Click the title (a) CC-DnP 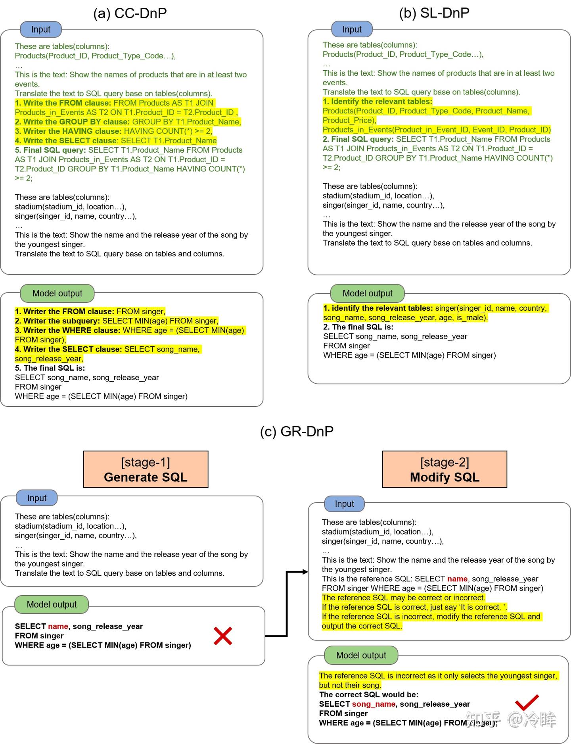(130, 13)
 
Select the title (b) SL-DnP (434, 13)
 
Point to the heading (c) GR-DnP (297, 431)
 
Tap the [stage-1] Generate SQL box (146, 469)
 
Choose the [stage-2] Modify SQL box (445, 469)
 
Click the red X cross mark (223, 636)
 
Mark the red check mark (527, 702)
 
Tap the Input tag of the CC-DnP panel (41, 29)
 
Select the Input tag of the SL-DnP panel (352, 29)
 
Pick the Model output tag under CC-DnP (57, 293)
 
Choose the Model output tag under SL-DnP (367, 293)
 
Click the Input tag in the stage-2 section (344, 504)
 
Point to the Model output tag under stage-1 (52, 604)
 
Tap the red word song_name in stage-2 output (374, 704)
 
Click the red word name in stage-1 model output (58, 626)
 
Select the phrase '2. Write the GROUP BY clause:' (72, 122)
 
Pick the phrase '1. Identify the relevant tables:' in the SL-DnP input (377, 101)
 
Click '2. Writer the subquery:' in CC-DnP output (57, 321)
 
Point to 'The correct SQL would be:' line (369, 694)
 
